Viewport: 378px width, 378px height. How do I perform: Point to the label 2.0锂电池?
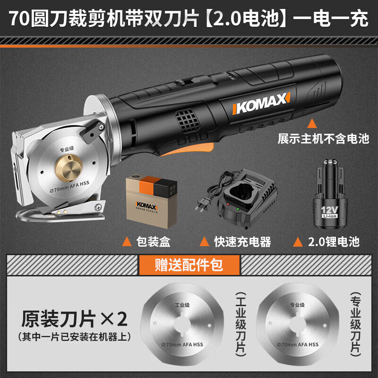click(333, 242)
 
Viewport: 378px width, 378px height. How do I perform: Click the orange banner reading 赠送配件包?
click(189, 265)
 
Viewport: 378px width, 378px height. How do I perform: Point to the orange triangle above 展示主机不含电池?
click(311, 124)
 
